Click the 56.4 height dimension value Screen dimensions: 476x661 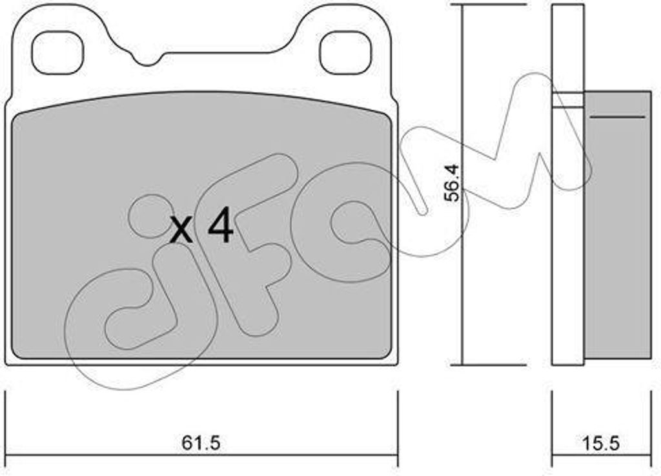pos(454,183)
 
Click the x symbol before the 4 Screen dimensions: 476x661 pos(181,230)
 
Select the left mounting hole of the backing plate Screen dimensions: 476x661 pos(57,52)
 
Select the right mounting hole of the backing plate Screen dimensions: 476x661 pos(345,52)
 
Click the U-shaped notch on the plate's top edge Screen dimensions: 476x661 pos(148,58)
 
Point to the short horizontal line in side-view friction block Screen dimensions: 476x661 pos(617,117)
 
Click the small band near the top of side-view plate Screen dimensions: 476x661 pos(568,99)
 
